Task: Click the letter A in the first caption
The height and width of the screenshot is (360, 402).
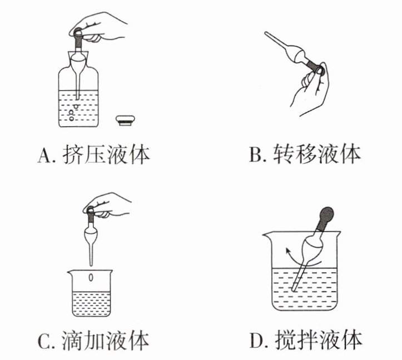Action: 44,156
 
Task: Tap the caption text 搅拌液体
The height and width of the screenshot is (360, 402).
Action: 320,339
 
